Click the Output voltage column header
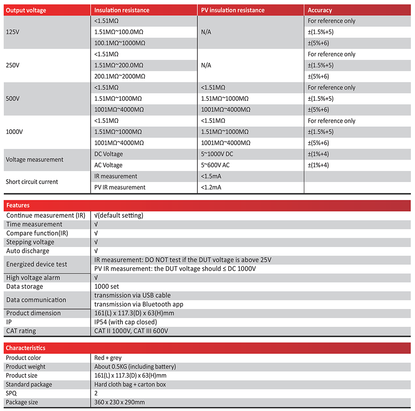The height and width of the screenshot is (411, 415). [x=26, y=10]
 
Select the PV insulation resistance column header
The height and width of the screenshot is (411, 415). [x=232, y=10]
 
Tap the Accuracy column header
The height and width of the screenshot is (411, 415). [x=320, y=10]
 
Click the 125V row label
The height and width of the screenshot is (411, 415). [x=13, y=32]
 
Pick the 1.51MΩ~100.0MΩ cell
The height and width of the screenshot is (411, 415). [x=119, y=32]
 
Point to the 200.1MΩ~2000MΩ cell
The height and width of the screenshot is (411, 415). [x=120, y=76]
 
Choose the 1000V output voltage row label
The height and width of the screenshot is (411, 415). [x=15, y=132]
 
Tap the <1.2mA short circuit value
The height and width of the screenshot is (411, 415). [x=211, y=187]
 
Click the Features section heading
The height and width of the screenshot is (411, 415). [x=18, y=205]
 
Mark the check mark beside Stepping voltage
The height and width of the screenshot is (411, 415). [x=96, y=242]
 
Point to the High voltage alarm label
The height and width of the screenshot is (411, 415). [x=33, y=278]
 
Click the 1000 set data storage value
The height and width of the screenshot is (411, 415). [x=107, y=287]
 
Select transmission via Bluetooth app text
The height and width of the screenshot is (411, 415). [x=139, y=304]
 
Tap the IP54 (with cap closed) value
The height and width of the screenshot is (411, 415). [x=126, y=322]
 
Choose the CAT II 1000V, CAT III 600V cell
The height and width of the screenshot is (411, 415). [x=131, y=331]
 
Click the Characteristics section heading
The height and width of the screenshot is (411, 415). [x=26, y=348]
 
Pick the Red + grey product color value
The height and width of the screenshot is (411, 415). [x=108, y=358]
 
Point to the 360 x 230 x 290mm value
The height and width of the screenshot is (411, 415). [x=120, y=402]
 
